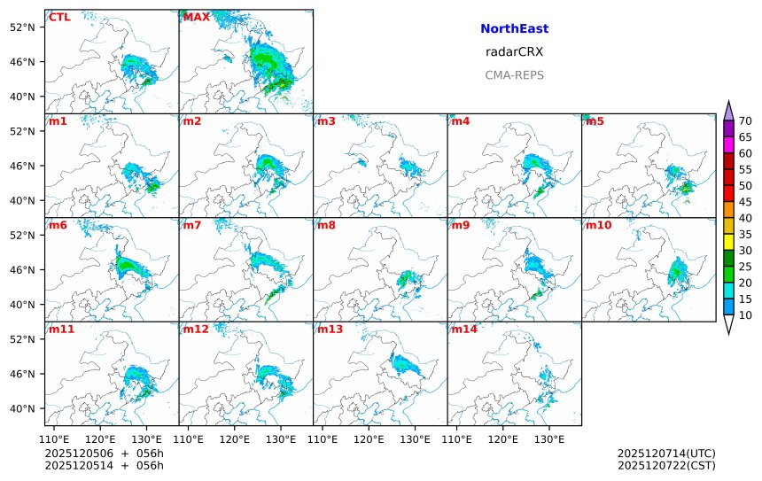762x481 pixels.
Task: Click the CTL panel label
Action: click(59, 18)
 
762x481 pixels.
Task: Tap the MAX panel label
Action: click(196, 18)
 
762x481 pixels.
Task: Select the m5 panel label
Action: click(595, 121)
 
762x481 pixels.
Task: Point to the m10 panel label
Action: click(598, 225)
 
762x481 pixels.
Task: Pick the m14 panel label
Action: click(463, 330)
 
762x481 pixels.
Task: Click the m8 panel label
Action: click(326, 225)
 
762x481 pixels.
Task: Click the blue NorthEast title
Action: click(514, 29)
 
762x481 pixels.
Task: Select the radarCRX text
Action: click(514, 52)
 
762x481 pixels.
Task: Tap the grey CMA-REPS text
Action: click(514, 75)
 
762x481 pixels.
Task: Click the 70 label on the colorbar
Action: click(745, 121)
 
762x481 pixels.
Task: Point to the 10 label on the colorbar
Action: click(745, 315)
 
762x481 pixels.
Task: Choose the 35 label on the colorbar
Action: click(745, 235)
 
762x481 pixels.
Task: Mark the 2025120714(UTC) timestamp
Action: click(666, 454)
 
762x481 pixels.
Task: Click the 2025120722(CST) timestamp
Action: click(666, 465)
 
